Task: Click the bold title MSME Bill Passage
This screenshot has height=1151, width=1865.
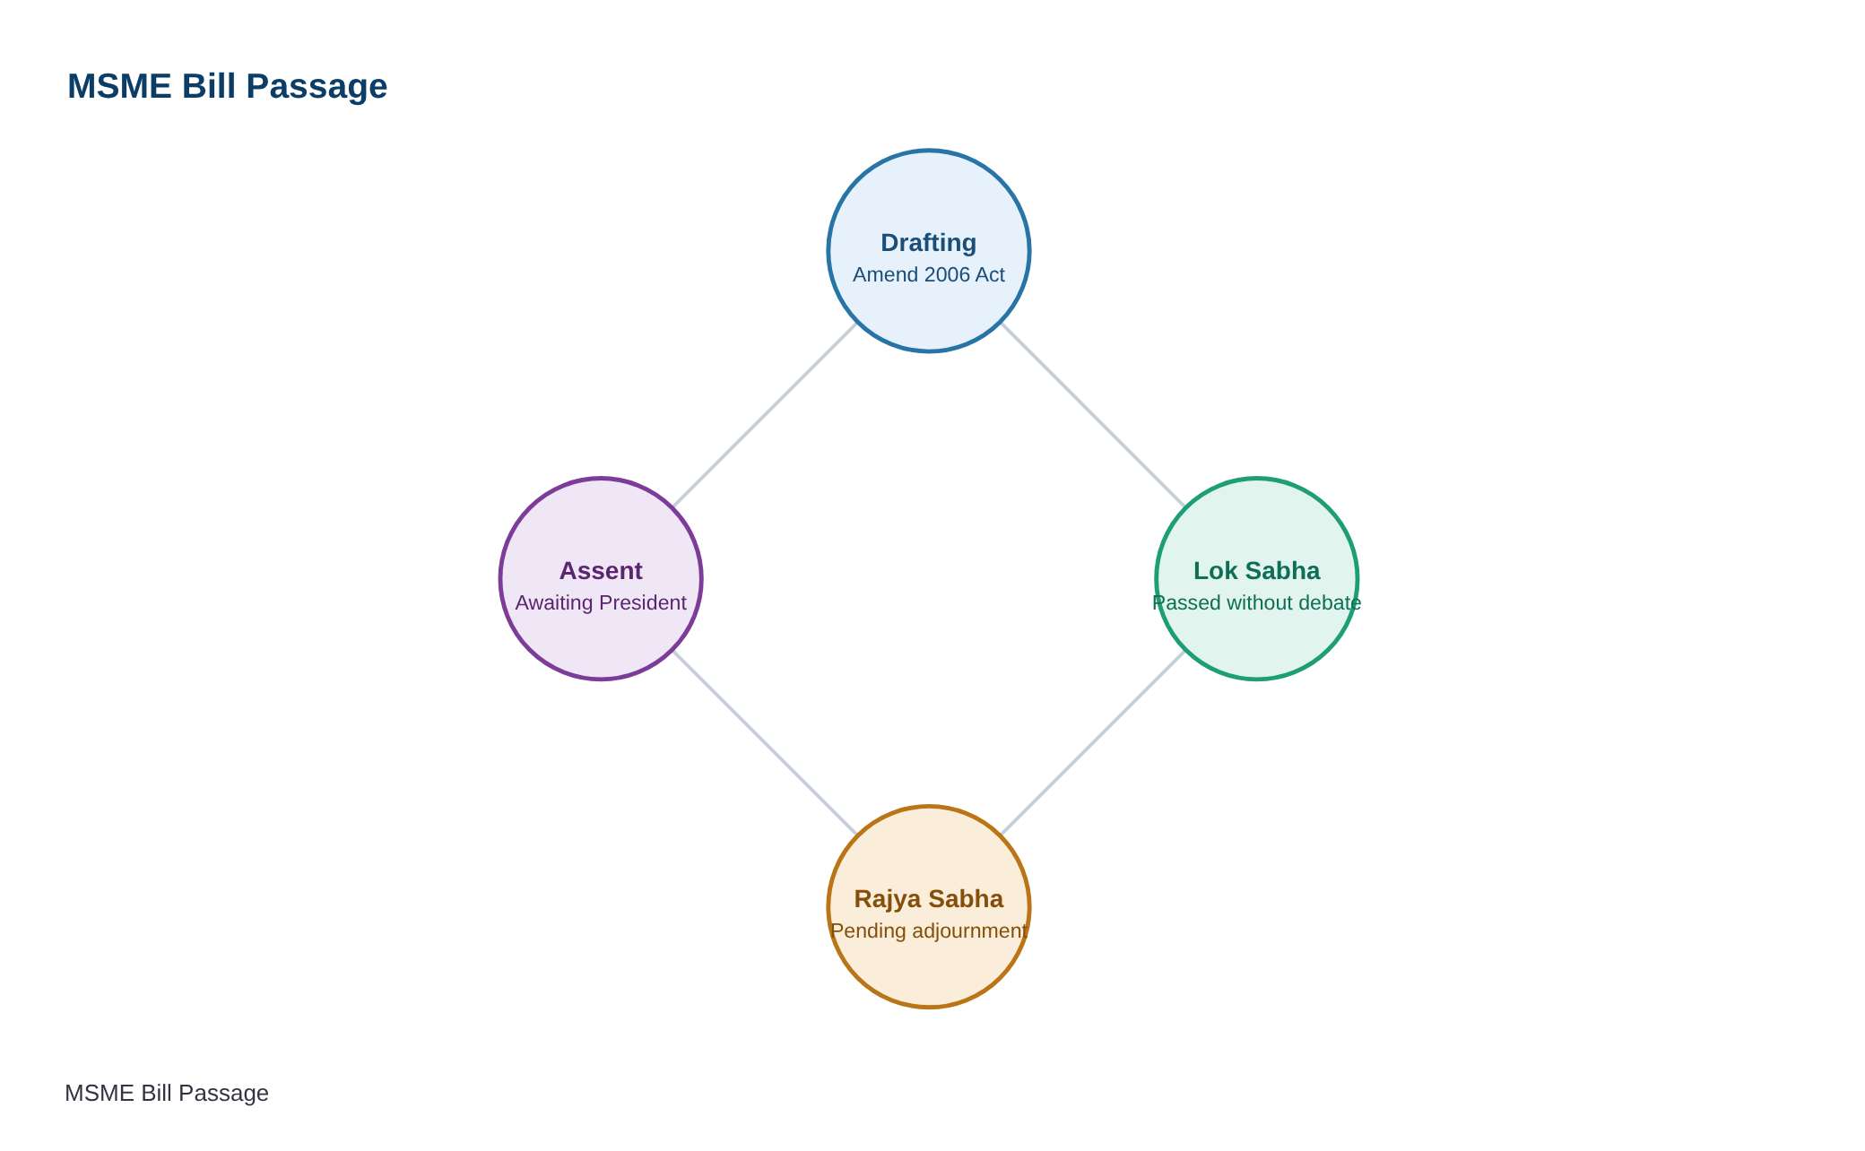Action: tap(227, 86)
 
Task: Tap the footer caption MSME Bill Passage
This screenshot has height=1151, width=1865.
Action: tap(167, 1093)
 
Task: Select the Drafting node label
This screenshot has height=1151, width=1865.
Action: tap(928, 243)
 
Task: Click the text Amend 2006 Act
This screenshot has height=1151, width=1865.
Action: tap(928, 274)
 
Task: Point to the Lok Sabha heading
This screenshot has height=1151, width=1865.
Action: tap(1256, 571)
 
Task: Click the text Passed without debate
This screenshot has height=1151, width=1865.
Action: tap(1256, 602)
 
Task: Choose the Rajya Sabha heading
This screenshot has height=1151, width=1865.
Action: tap(928, 899)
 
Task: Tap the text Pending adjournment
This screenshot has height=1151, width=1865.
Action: tap(928, 930)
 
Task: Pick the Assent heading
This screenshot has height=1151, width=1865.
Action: tap(601, 571)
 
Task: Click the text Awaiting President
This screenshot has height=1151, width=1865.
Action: tap(601, 602)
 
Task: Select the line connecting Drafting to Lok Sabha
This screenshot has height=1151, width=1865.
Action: tap(1093, 415)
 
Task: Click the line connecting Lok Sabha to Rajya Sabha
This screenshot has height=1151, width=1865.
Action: tap(1093, 742)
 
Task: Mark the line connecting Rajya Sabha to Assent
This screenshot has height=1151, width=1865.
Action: tap(765, 742)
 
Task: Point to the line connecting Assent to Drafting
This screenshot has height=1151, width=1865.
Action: tap(765, 415)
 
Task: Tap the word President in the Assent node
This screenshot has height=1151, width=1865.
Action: tap(643, 602)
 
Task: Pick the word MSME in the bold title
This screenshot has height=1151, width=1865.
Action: tap(119, 86)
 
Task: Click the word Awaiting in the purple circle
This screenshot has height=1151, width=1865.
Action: tap(554, 603)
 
